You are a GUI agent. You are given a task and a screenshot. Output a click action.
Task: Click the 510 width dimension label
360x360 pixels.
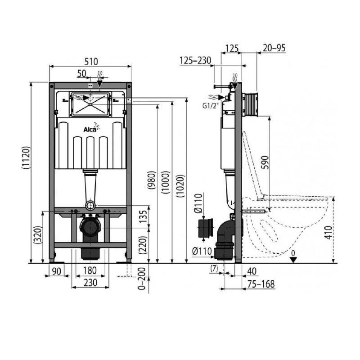pyautogui.click(x=91, y=62)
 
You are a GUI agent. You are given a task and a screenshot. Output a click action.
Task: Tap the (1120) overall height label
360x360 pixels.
pyautogui.click(x=26, y=158)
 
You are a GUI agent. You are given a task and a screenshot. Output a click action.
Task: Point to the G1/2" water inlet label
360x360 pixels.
pyautogui.click(x=209, y=106)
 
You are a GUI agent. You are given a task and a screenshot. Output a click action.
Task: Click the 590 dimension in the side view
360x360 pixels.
pyautogui.click(x=265, y=162)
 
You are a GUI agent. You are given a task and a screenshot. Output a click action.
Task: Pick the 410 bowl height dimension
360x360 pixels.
pyautogui.click(x=329, y=233)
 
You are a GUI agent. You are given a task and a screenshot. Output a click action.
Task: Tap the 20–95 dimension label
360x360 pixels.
pyautogui.click(x=274, y=48)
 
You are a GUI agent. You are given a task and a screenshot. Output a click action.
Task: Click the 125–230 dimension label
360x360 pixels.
pyautogui.click(x=195, y=61)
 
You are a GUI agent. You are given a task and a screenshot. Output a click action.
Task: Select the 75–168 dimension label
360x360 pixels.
pyautogui.click(x=261, y=284)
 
